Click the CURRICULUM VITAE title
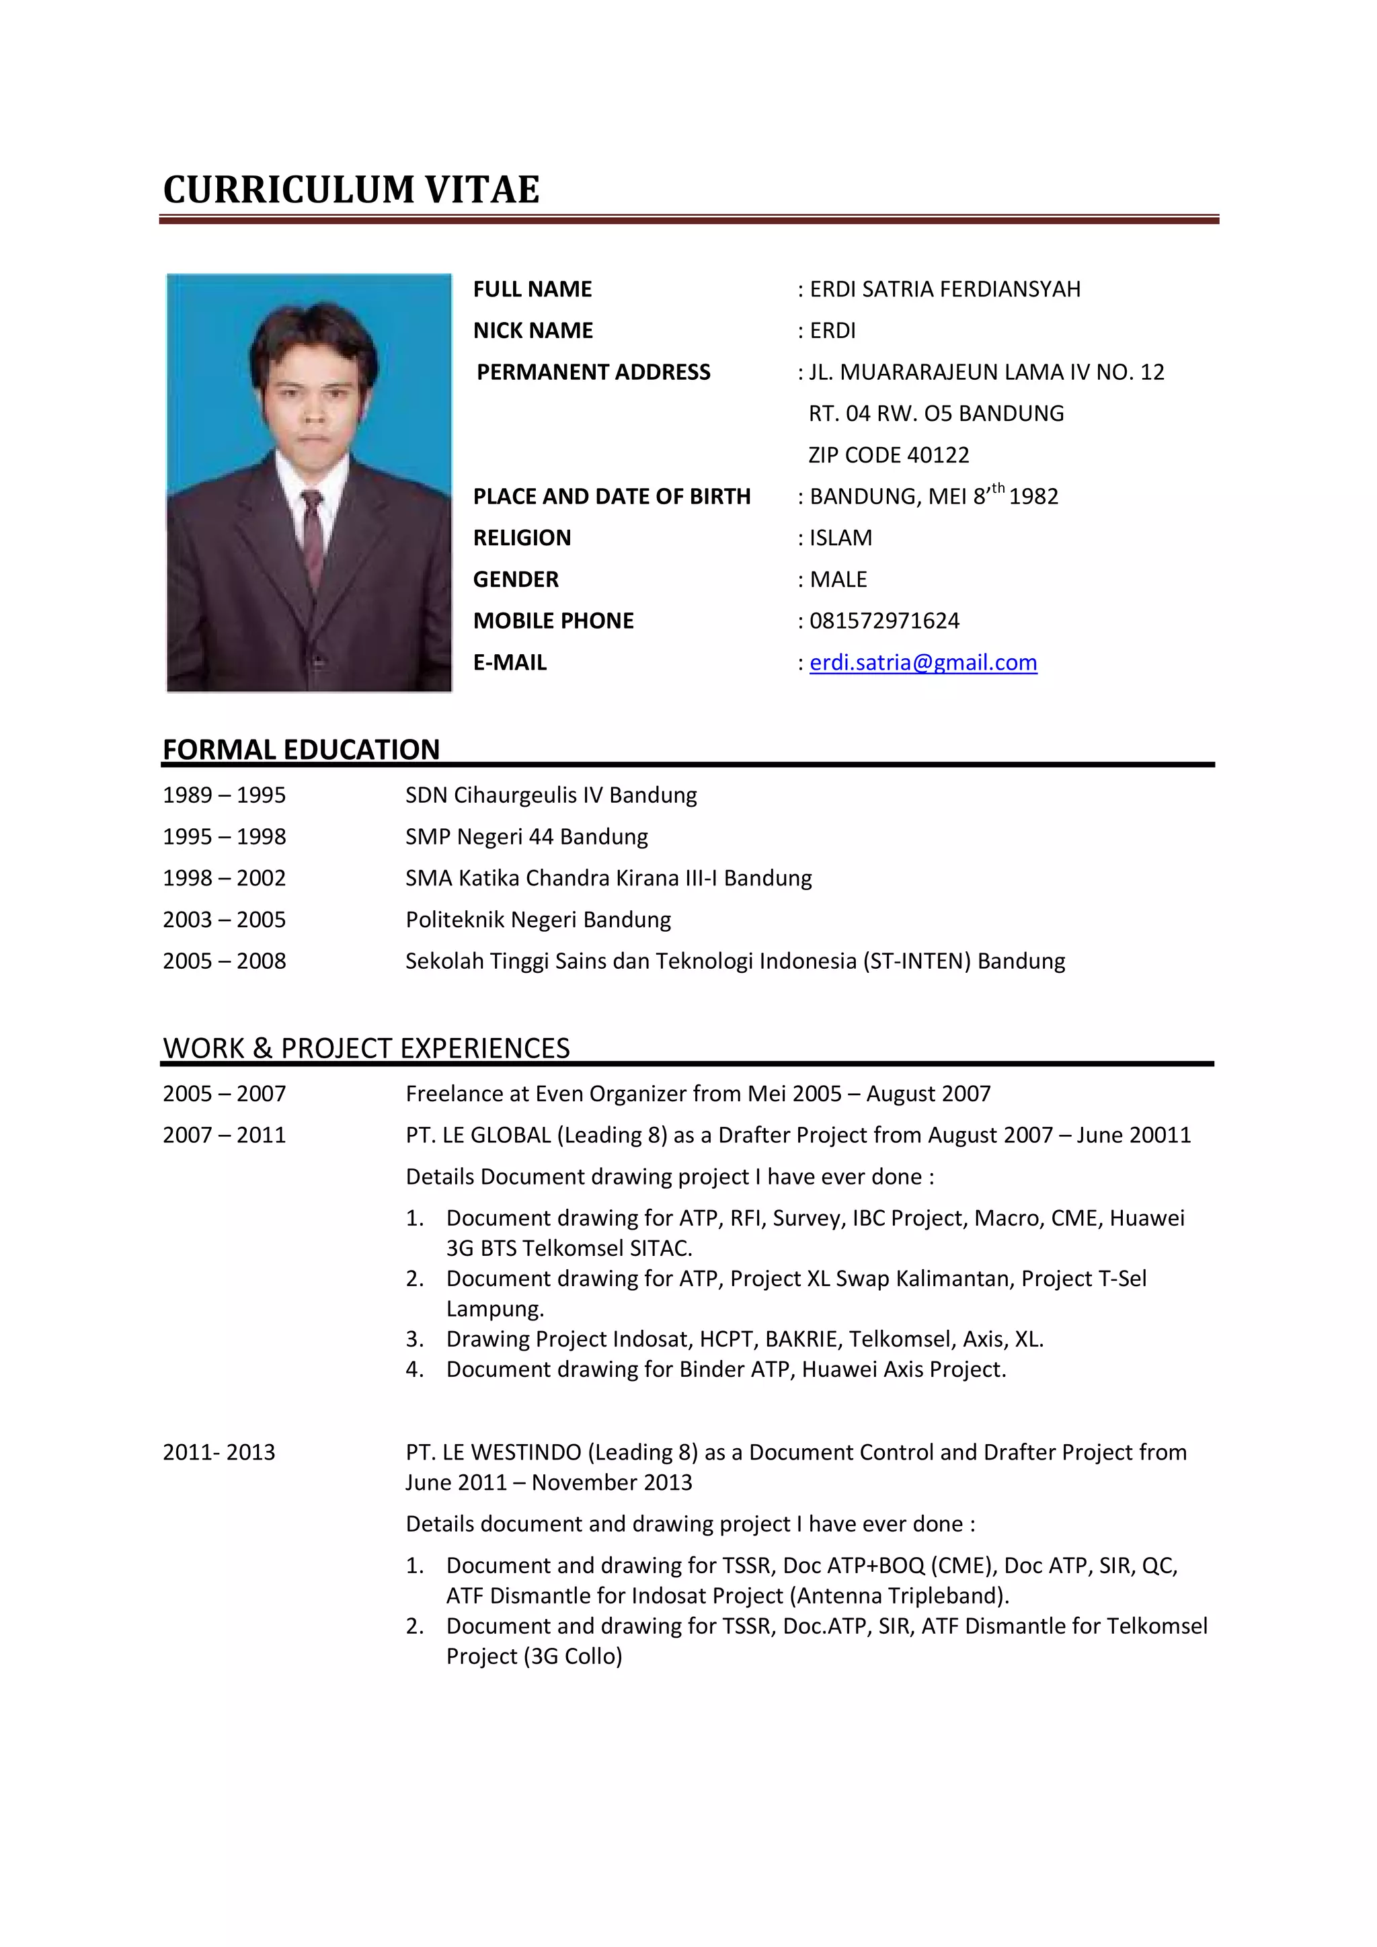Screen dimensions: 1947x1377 click(x=351, y=189)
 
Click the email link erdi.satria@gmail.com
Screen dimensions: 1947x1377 click(x=922, y=662)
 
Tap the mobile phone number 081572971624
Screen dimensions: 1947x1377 click(x=883, y=621)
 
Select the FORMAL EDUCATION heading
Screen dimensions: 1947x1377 click(x=301, y=750)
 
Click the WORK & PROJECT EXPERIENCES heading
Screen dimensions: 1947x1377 click(x=366, y=1048)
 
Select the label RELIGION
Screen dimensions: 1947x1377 click(x=522, y=538)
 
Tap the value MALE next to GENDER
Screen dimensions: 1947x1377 click(x=838, y=579)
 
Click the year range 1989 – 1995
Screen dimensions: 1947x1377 click(x=224, y=795)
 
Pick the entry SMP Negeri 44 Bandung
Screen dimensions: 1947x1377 click(x=526, y=837)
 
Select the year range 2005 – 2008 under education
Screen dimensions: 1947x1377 click(x=224, y=961)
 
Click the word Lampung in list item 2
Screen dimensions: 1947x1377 click(x=494, y=1309)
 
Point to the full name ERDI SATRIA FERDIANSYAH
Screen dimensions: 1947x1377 click(x=945, y=289)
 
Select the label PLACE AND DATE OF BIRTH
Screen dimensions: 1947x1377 click(x=611, y=497)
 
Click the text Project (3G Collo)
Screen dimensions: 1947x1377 click(x=534, y=1656)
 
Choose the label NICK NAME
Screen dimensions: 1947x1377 click(x=533, y=331)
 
